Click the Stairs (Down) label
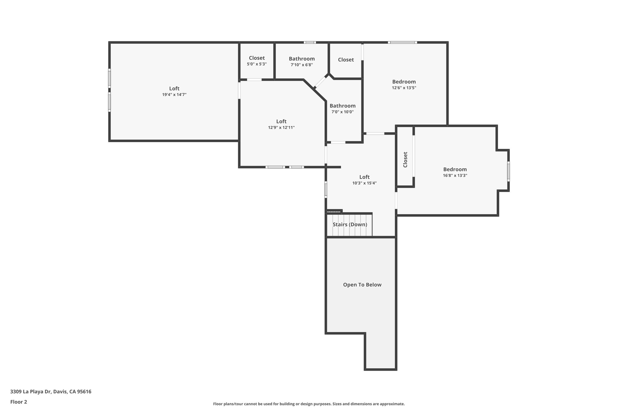(x=350, y=225)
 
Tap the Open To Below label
(x=362, y=285)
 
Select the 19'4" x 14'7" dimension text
(x=174, y=95)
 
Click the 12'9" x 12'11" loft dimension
(x=281, y=128)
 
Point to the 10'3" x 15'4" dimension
(x=364, y=183)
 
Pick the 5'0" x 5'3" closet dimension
(x=257, y=64)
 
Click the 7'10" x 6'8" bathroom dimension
(x=302, y=65)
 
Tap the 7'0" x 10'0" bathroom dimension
(x=342, y=112)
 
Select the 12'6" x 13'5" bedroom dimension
(x=404, y=88)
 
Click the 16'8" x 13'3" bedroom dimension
(x=455, y=175)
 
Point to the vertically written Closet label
(x=405, y=159)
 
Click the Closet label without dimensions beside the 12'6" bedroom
(x=346, y=60)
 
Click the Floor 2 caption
(x=19, y=402)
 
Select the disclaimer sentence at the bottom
(x=309, y=404)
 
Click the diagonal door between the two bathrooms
(x=320, y=81)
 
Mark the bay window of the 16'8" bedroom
(x=508, y=171)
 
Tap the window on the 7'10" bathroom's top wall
(x=310, y=43)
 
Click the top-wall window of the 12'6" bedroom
(x=402, y=43)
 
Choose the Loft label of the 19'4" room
(x=174, y=88)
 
